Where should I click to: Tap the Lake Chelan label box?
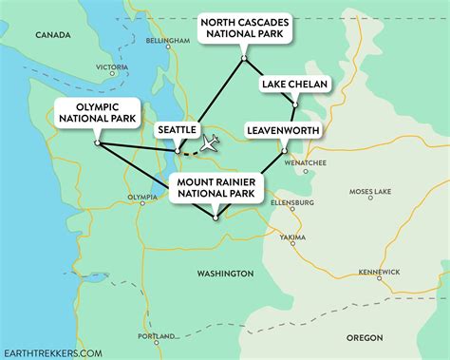[295, 85]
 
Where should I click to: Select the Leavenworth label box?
[283, 128]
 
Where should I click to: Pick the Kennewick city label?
[378, 272]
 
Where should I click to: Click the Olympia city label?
[142, 198]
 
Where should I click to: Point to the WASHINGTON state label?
[225, 273]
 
